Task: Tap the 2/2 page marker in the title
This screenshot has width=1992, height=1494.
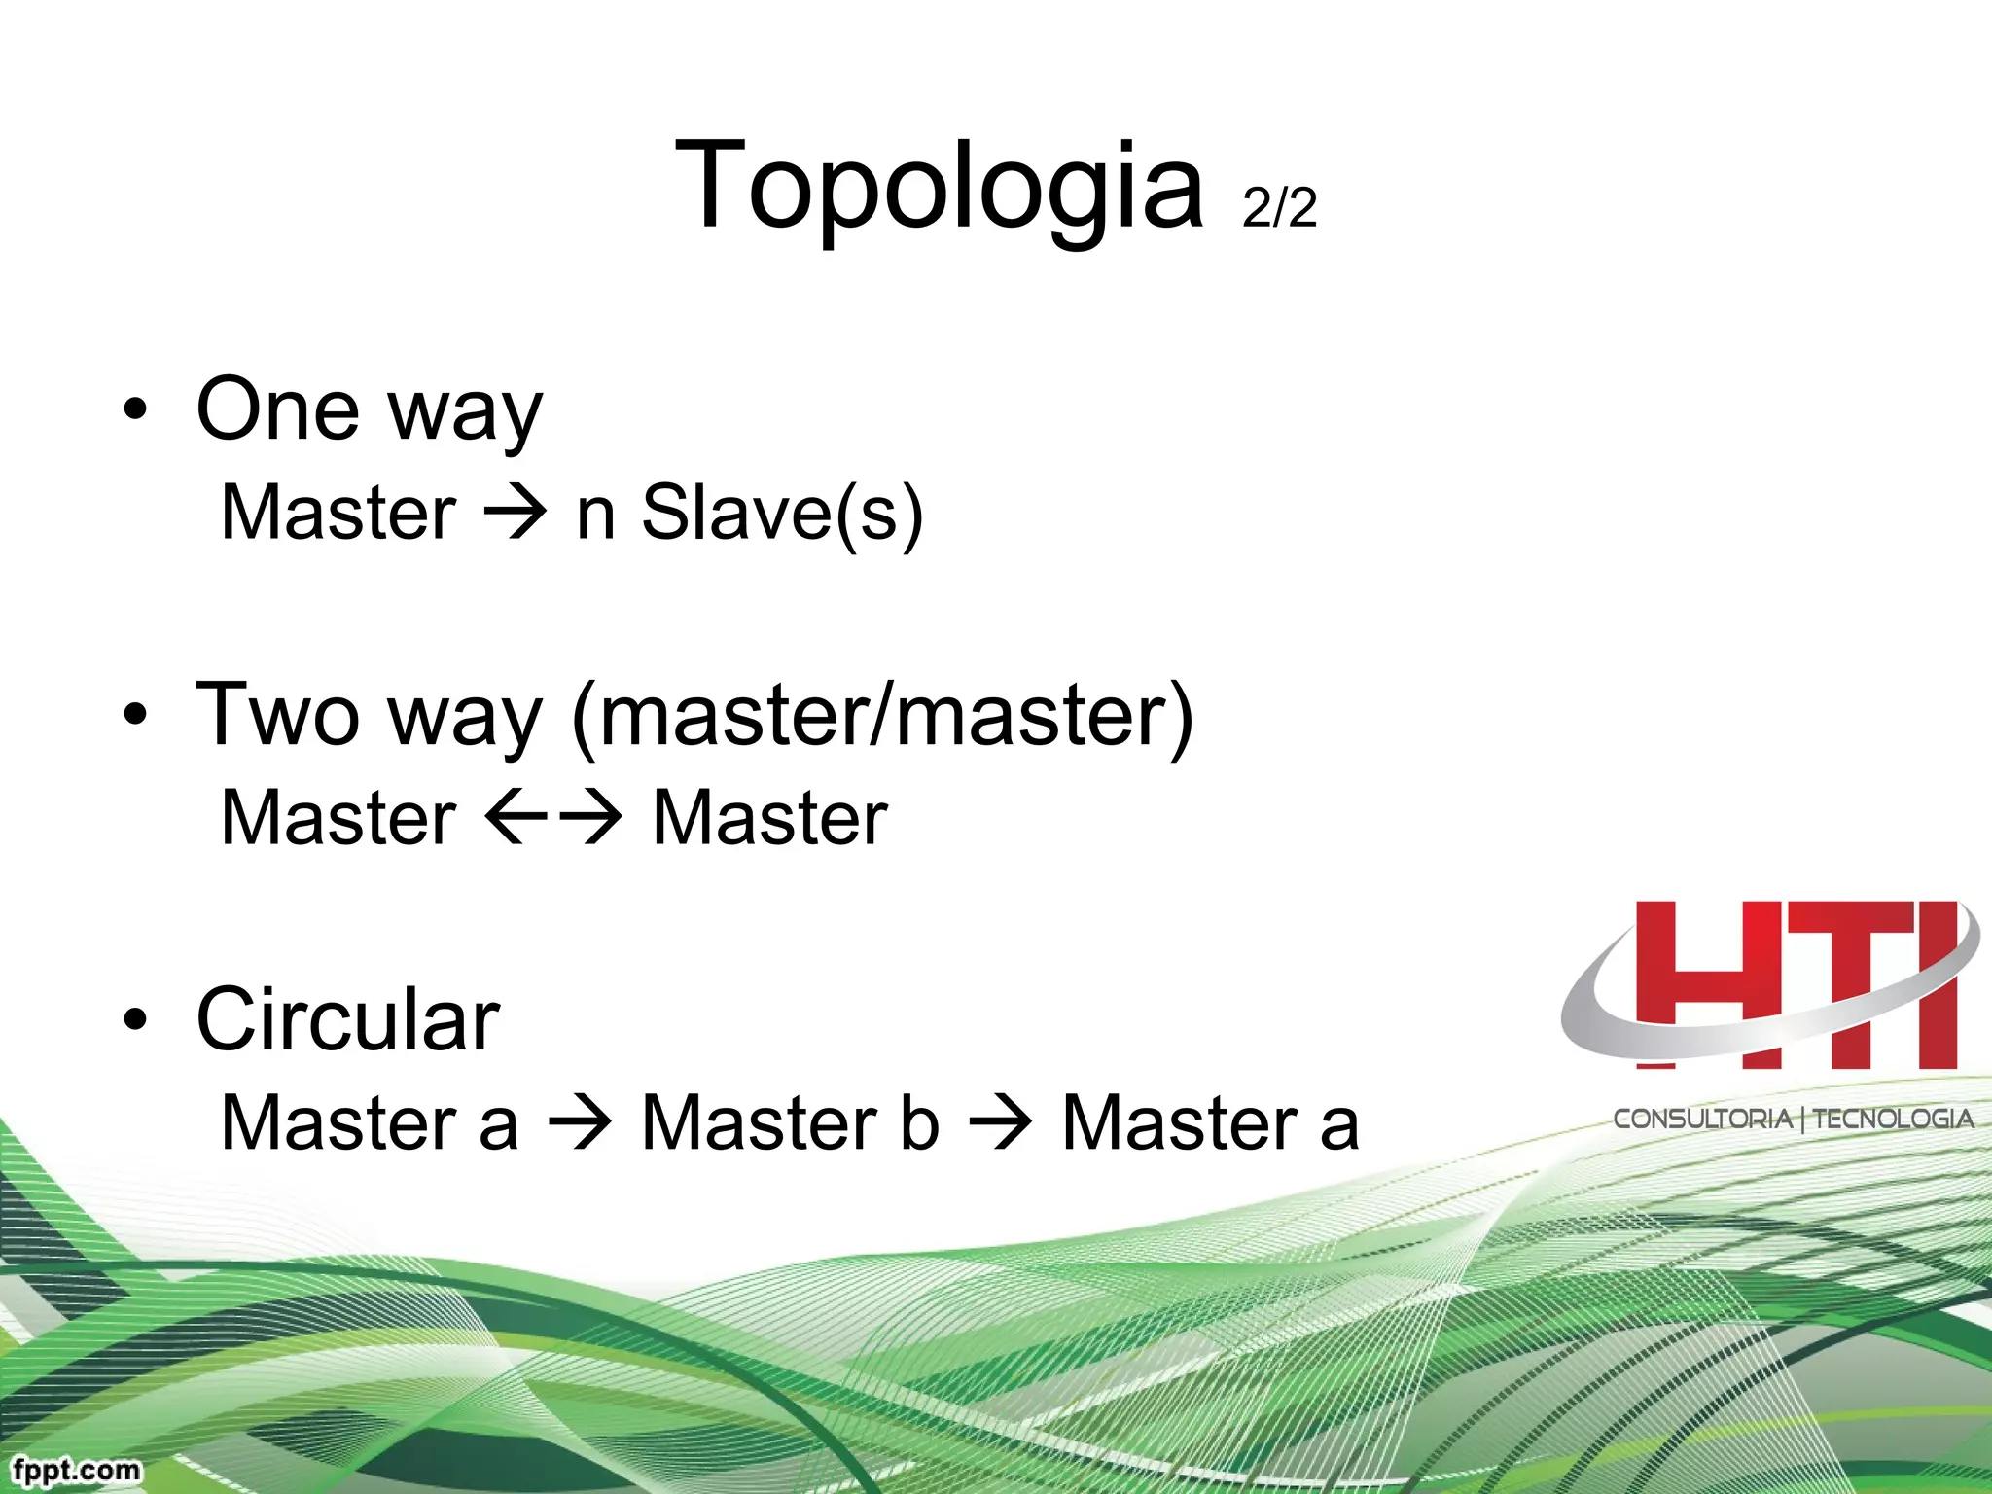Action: (1279, 207)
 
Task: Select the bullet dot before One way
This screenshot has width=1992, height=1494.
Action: (136, 409)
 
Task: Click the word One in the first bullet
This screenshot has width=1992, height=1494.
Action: (277, 409)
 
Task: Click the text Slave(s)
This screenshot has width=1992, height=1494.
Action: (782, 513)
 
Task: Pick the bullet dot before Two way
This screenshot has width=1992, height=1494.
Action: (136, 715)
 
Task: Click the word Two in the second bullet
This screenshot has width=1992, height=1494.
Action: (277, 715)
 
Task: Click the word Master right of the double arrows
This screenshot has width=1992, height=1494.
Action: (768, 817)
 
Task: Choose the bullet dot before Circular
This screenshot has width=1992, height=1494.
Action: (136, 1019)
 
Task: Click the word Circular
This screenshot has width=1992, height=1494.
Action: (348, 1019)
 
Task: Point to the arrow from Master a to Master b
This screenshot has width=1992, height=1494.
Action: (580, 1122)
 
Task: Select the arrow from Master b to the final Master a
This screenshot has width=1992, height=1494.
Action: (1000, 1122)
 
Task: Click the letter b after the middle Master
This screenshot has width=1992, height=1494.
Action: (919, 1122)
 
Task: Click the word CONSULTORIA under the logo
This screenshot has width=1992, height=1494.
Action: (1702, 1119)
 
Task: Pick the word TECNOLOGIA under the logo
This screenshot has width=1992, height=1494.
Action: (1893, 1119)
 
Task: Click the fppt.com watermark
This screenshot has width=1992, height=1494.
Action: (77, 1469)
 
